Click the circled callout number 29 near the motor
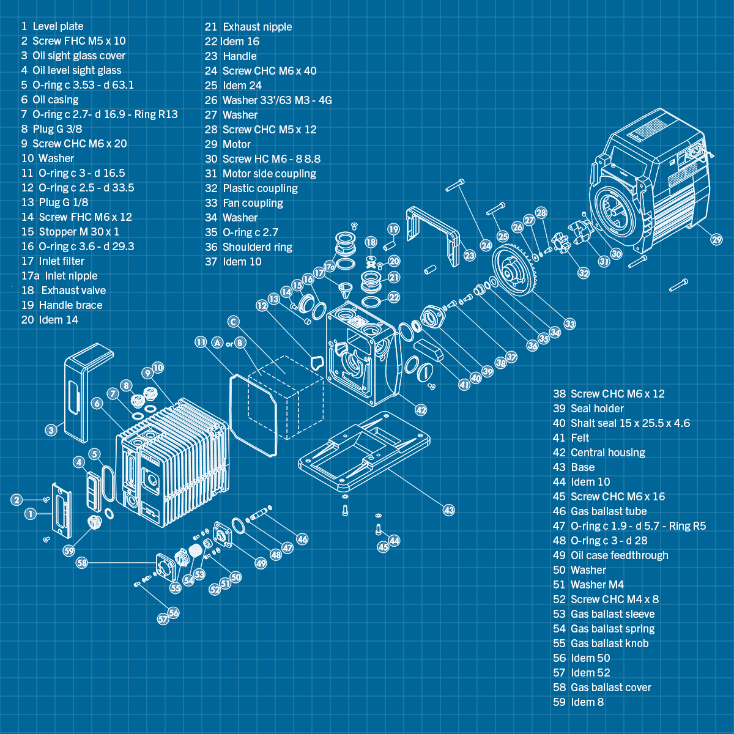(x=716, y=239)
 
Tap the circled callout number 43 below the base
(x=449, y=510)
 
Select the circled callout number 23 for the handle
(x=469, y=255)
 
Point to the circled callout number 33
(x=569, y=324)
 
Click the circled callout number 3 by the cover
(x=51, y=430)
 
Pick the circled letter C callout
(x=233, y=321)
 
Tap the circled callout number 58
(x=82, y=562)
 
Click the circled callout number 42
(x=421, y=409)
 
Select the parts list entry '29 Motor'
(x=228, y=144)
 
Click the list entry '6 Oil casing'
(x=50, y=100)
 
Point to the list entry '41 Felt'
(x=571, y=438)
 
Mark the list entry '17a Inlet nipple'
(x=59, y=276)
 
